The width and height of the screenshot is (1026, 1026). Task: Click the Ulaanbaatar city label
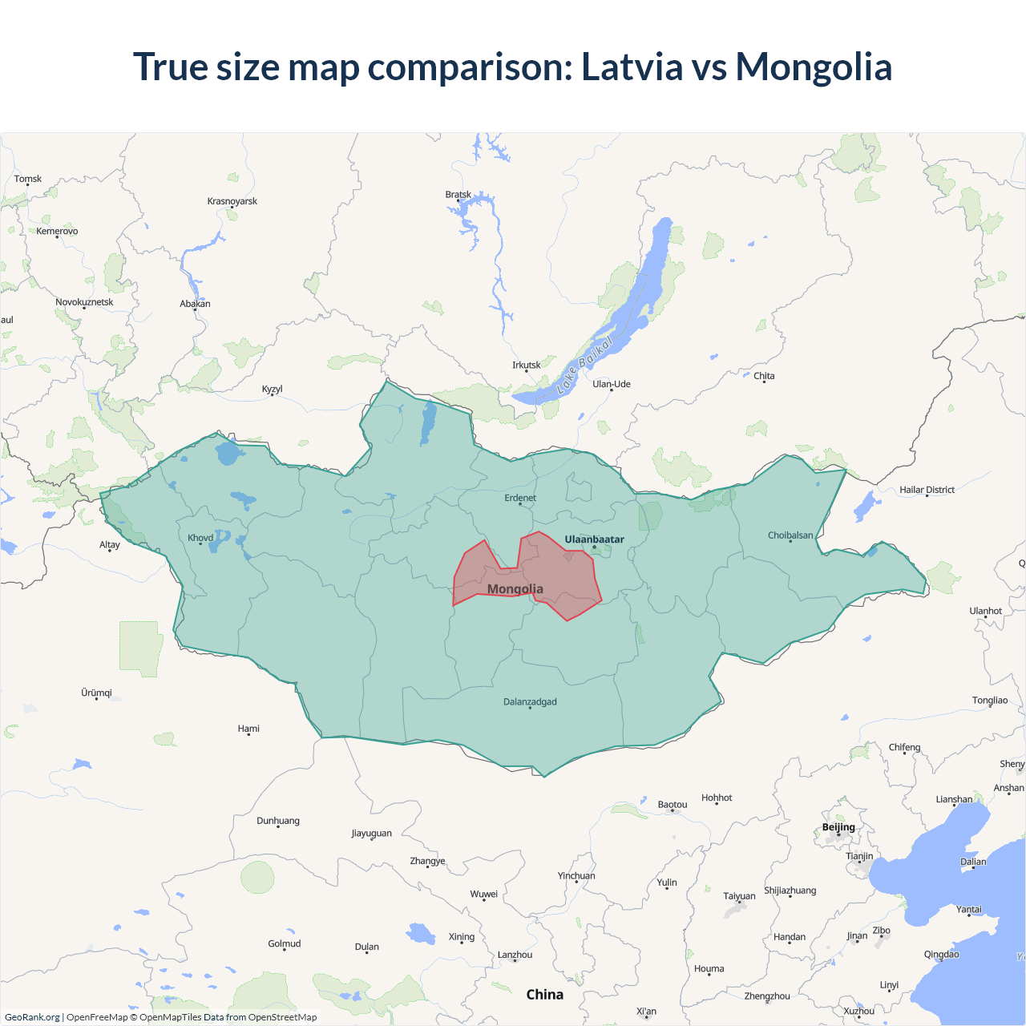pyautogui.click(x=594, y=539)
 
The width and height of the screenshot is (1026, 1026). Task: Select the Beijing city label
pyautogui.click(x=838, y=827)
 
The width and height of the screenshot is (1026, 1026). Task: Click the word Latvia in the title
pyautogui.click(x=631, y=67)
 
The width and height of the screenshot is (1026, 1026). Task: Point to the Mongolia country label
pyautogui.click(x=515, y=589)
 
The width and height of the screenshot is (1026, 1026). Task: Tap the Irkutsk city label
pyautogui.click(x=527, y=365)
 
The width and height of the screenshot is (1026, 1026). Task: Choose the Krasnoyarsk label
pyautogui.click(x=232, y=201)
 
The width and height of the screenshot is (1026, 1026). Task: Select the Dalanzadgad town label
pyautogui.click(x=530, y=701)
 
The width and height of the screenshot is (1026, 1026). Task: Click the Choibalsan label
pyautogui.click(x=790, y=535)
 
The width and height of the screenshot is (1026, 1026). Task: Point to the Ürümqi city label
pyautogui.click(x=96, y=693)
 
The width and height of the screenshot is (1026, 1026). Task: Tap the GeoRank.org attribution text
pyautogui.click(x=32, y=1017)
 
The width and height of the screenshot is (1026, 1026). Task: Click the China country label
pyautogui.click(x=544, y=995)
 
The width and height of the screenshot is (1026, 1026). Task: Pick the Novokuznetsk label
pyautogui.click(x=84, y=302)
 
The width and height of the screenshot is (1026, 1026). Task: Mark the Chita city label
pyautogui.click(x=764, y=376)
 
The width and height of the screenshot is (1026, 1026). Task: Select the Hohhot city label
pyautogui.click(x=717, y=798)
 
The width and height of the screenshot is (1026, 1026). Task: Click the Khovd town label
pyautogui.click(x=200, y=538)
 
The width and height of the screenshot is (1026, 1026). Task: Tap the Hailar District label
pyautogui.click(x=927, y=490)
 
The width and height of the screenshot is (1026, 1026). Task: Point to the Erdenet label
pyautogui.click(x=520, y=498)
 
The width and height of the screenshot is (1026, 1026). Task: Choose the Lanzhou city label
pyautogui.click(x=515, y=955)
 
